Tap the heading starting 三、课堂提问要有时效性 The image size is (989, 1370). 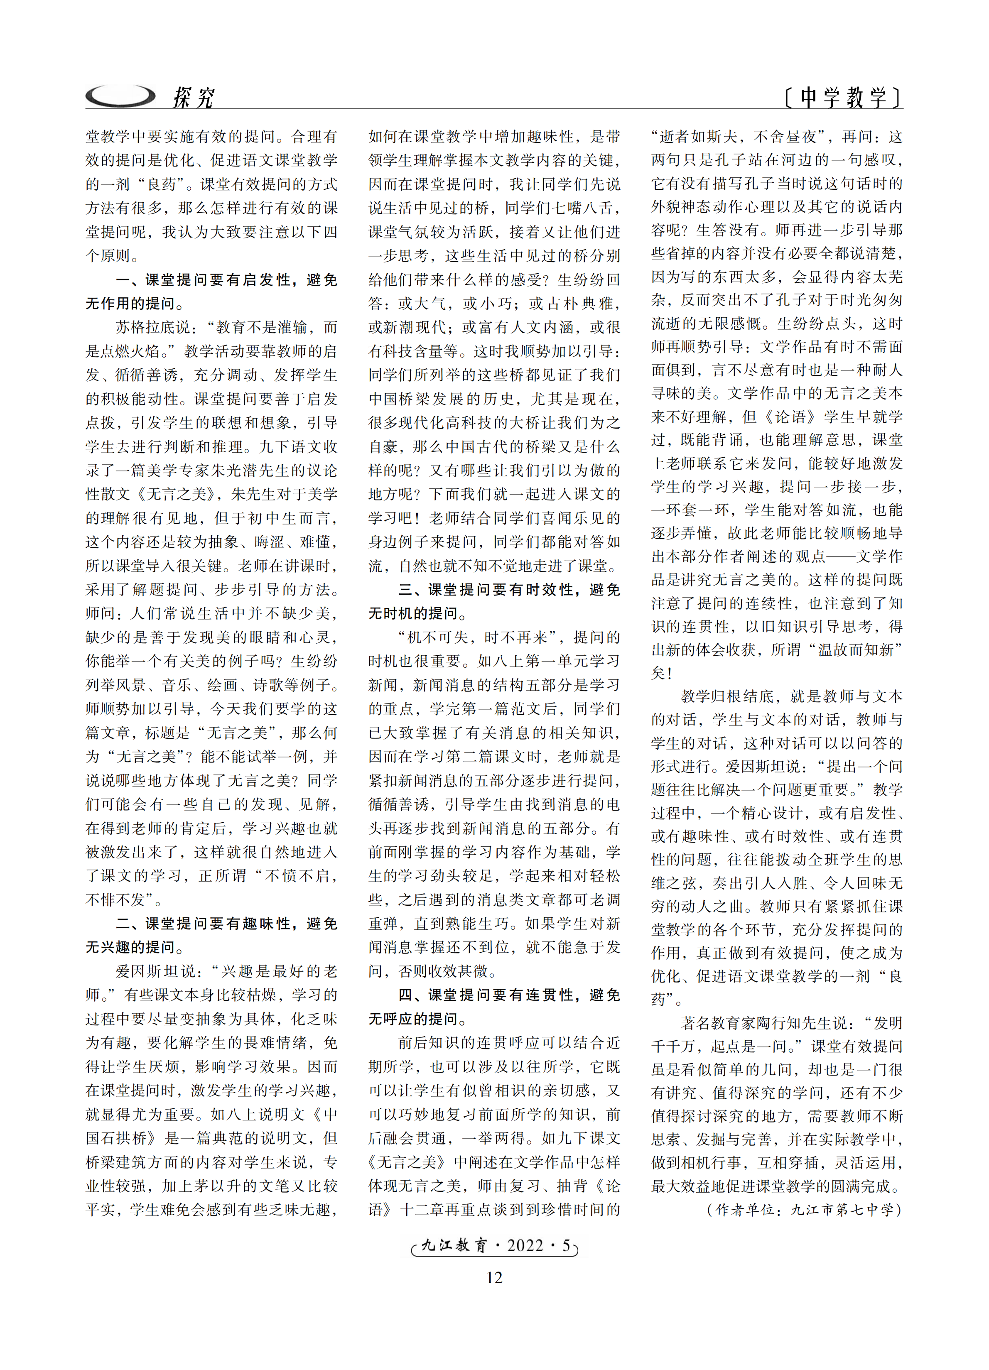(x=509, y=590)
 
